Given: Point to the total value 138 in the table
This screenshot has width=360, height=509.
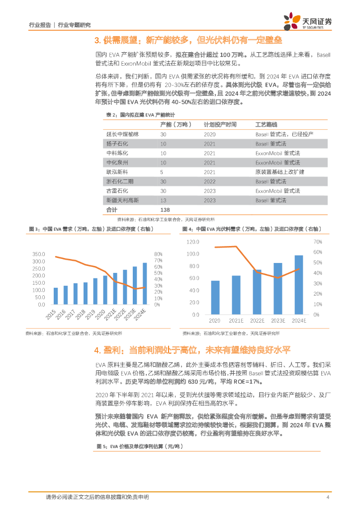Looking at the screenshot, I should [165, 209].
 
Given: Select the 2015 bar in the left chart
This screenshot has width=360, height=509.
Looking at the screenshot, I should [56, 296].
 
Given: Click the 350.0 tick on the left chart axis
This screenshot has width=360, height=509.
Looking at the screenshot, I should [39, 254].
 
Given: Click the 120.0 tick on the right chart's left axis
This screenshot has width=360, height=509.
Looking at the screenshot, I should [192, 242].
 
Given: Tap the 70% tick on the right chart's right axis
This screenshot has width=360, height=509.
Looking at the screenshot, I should [317, 242].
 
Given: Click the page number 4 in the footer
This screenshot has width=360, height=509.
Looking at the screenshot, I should [328, 497].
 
